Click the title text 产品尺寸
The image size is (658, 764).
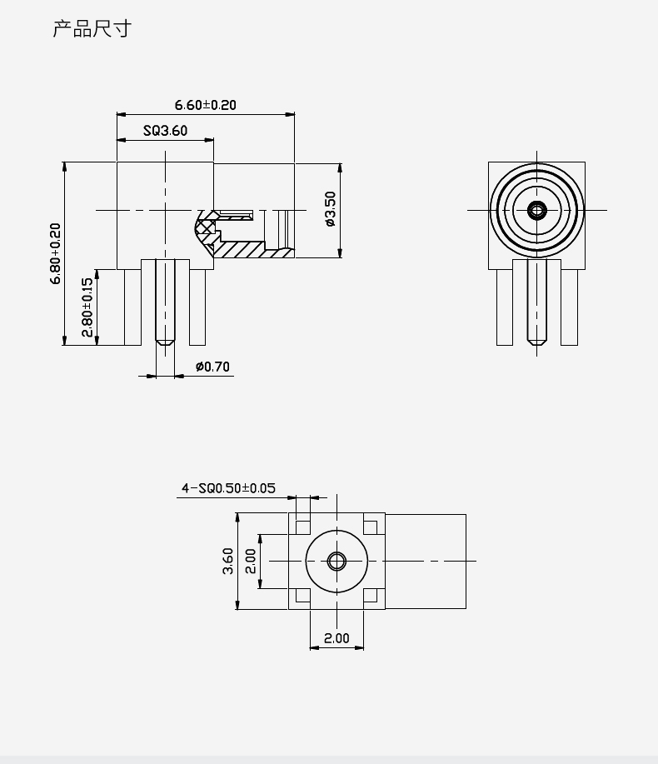tap(92, 30)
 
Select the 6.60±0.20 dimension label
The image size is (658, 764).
tap(205, 105)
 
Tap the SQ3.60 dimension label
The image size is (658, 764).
tap(165, 131)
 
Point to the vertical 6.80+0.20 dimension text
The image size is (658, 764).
tap(56, 253)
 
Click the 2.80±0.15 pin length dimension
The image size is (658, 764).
tap(87, 307)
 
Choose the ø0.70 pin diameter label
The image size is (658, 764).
tap(212, 367)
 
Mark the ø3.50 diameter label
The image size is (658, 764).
tap(330, 209)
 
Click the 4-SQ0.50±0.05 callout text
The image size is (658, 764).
tap(228, 488)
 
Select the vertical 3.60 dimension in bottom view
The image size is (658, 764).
tap(227, 561)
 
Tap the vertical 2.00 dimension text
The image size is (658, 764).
tap(250, 561)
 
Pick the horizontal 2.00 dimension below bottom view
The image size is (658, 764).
tap(336, 638)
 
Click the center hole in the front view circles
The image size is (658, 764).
tap(536, 210)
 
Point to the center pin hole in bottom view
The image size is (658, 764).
tap(336, 561)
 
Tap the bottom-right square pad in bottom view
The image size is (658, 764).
tap(371, 596)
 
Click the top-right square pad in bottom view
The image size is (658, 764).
tap(371, 526)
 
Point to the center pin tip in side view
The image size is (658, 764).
tap(166, 341)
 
